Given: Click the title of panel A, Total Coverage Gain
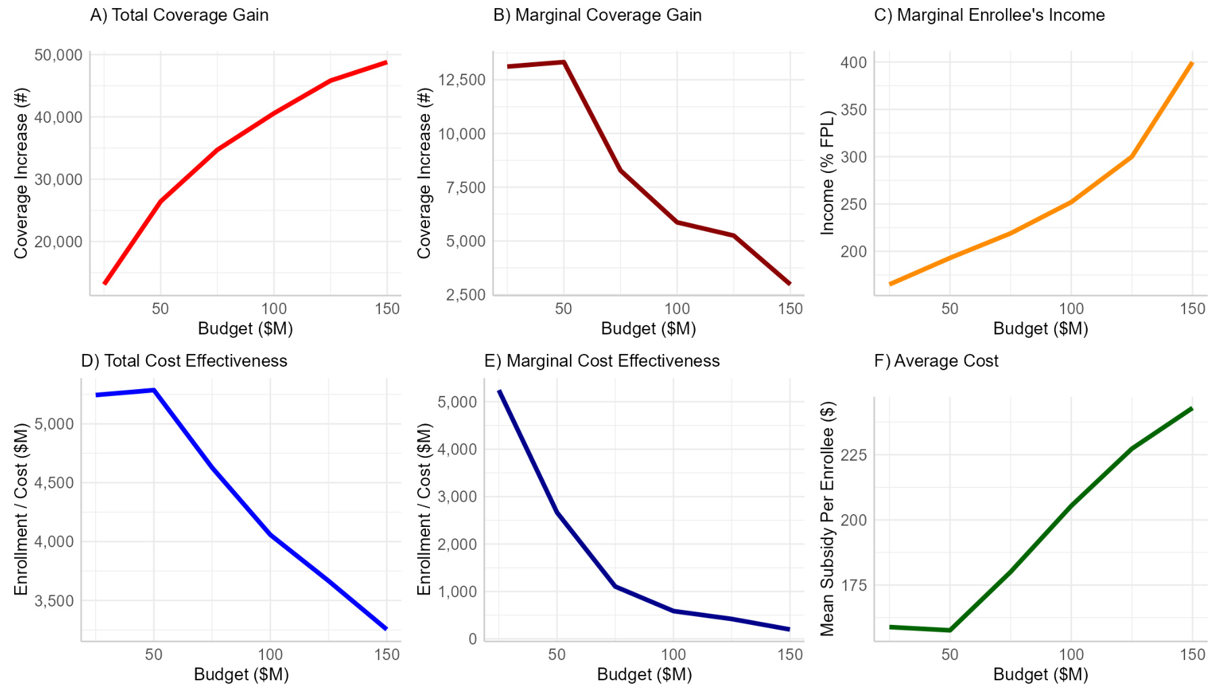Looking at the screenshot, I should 179,15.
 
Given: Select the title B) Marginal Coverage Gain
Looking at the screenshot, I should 597,15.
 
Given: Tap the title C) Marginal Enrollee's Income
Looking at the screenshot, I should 989,15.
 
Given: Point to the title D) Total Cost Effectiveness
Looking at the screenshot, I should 184,361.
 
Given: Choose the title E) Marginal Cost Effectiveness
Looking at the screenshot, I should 602,361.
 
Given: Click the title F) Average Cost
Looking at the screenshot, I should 936,361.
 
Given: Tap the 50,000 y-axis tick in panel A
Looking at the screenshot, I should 58,55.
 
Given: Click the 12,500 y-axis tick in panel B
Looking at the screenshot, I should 462,80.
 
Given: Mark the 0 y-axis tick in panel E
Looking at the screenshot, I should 472,638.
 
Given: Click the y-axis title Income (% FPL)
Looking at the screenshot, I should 828,173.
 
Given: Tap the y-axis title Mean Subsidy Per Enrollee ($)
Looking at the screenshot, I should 828,519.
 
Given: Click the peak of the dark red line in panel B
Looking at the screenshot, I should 563,62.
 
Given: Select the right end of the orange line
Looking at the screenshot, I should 1192,63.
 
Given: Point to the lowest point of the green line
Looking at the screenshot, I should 950,630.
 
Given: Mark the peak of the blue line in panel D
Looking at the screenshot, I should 154,390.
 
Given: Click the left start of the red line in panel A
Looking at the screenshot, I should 105,284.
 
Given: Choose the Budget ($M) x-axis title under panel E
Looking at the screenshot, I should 644,674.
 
